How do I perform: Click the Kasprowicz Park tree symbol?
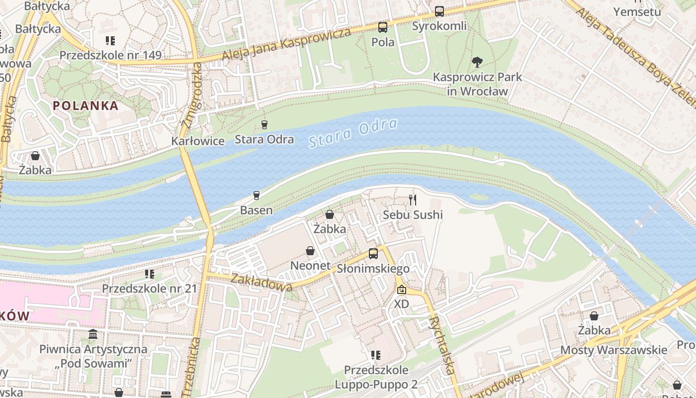click(477, 62)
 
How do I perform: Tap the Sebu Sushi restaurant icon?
click(412, 200)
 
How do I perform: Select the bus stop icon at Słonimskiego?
click(373, 254)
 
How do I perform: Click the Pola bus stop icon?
click(382, 27)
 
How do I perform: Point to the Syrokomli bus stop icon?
click(439, 11)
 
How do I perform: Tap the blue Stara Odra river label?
click(353, 133)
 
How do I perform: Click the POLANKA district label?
click(86, 105)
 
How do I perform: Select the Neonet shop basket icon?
click(310, 251)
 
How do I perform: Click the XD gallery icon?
click(401, 290)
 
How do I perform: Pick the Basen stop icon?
click(257, 196)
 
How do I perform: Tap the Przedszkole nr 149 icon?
click(110, 41)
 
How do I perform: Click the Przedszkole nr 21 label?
click(149, 289)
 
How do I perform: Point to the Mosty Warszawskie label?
click(613, 350)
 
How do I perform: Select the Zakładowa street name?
click(261, 283)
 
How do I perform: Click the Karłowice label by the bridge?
click(198, 141)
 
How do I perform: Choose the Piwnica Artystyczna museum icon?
click(93, 334)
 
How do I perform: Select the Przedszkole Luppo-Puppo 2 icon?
click(376, 355)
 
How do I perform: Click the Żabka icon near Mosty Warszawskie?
click(594, 316)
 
